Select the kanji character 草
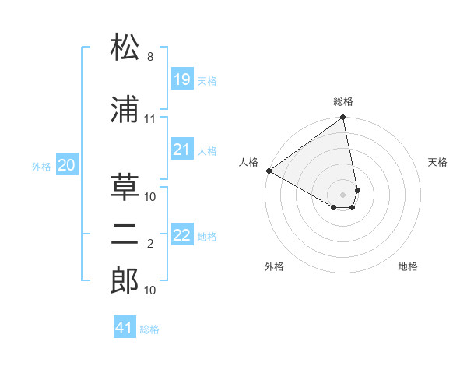(x=125, y=186)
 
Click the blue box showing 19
(x=181, y=79)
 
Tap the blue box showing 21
(x=181, y=150)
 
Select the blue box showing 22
(x=181, y=235)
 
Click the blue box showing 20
(x=67, y=164)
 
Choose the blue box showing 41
(x=125, y=328)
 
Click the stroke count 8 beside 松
(x=149, y=57)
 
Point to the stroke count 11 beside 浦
(x=149, y=119)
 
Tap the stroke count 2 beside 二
(x=149, y=245)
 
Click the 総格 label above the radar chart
(x=343, y=101)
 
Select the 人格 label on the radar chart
(x=249, y=162)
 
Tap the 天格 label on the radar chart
(x=438, y=162)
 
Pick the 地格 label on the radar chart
(x=408, y=266)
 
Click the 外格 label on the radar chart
(x=274, y=266)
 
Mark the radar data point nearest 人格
(x=269, y=171)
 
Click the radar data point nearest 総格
(x=343, y=118)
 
